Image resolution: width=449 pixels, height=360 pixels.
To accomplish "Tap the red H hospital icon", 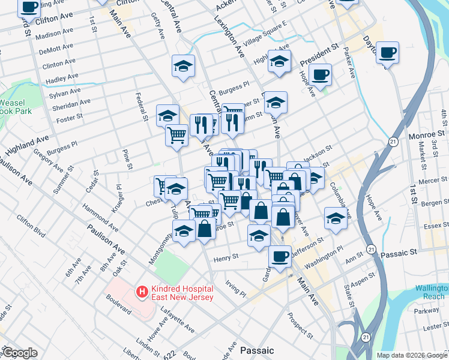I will click(142, 293).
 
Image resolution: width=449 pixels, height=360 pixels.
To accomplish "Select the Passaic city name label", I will click(256, 350).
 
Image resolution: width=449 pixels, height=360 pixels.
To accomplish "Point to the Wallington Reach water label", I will click(426, 292).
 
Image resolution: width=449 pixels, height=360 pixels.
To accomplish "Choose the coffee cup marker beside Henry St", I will click(280, 256).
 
